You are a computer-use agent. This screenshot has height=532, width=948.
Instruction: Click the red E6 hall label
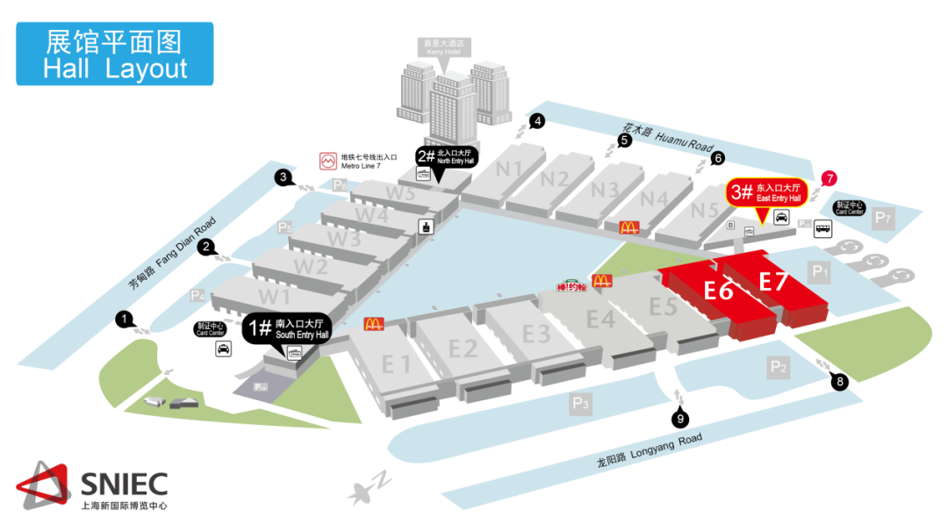pos(719,289)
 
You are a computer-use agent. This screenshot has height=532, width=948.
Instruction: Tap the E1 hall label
pos(396,363)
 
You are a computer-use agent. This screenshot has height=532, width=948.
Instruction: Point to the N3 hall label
pos(604,190)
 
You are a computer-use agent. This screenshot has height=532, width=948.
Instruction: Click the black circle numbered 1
pos(125,320)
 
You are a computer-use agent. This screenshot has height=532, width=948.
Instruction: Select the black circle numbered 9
pos(680,420)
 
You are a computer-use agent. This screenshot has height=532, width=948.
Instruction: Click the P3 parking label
pos(580,404)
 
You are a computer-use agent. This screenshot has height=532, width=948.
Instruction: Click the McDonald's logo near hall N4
pos(628,227)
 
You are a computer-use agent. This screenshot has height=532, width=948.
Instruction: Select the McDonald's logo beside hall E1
pos(374,323)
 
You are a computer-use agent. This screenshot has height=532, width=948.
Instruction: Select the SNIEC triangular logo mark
pos(42,486)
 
